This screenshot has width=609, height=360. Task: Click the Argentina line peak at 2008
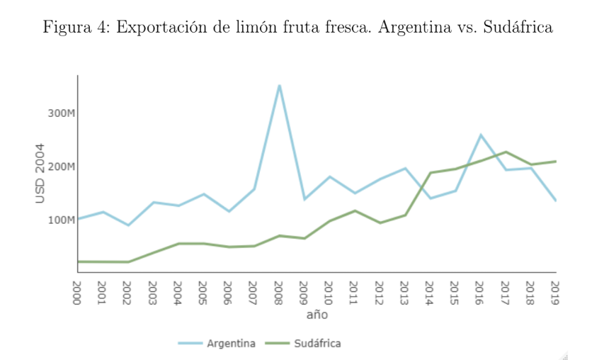pos(279,86)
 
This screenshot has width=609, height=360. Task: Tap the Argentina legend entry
pos(231,343)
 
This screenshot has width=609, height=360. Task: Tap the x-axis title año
pos(317,314)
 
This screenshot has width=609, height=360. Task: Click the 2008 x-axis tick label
pos(279,292)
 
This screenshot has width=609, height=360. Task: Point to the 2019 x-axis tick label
pos(555,292)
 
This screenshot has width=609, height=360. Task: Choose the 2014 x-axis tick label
pos(430,292)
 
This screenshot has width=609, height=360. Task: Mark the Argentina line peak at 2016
pos(480,135)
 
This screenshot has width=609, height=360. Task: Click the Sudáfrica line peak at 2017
pos(506,152)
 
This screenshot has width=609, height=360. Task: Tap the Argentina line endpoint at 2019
pos(555,201)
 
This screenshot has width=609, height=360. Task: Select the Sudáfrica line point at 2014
pos(430,173)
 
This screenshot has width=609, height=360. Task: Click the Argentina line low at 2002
pos(128,225)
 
